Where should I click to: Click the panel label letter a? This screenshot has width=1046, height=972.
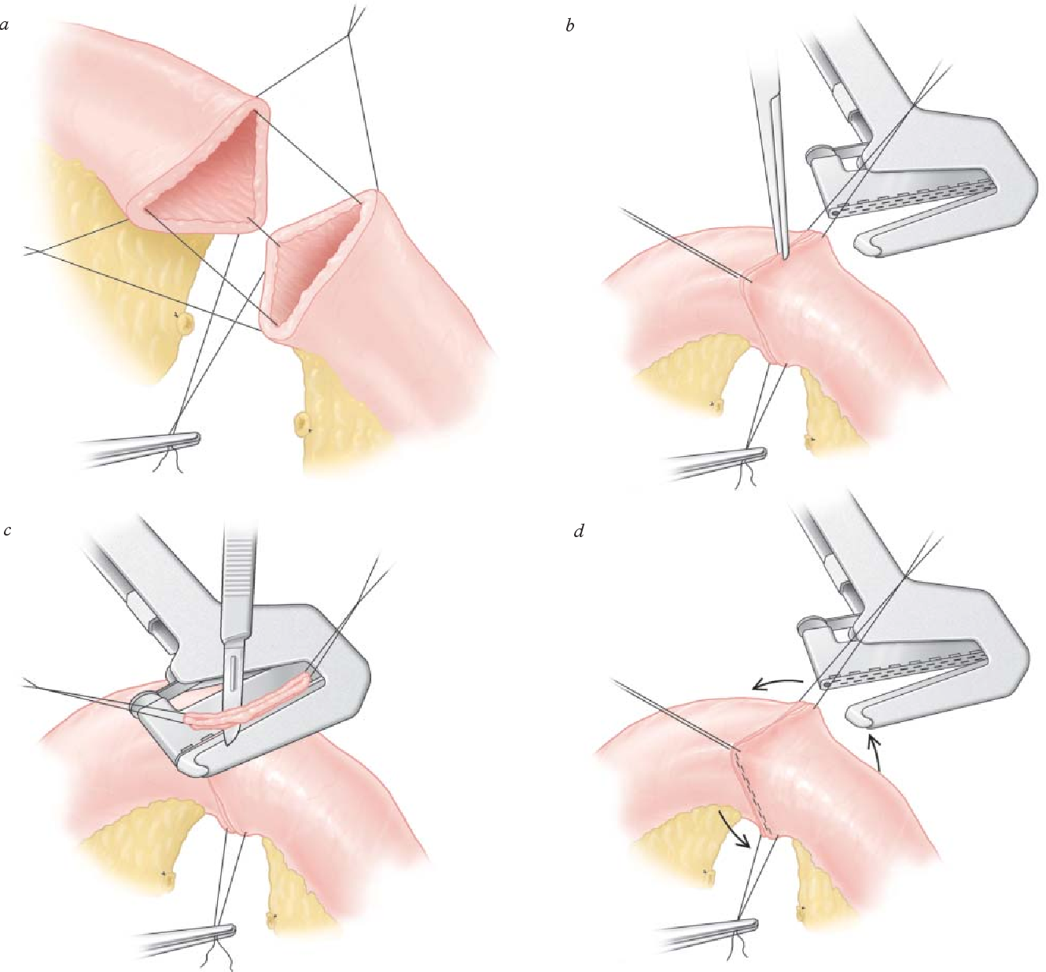point(5,26)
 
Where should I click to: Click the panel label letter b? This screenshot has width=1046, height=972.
point(570,24)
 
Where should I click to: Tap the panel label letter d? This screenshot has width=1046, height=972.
point(579,532)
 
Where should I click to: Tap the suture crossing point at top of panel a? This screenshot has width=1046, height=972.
point(348,36)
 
